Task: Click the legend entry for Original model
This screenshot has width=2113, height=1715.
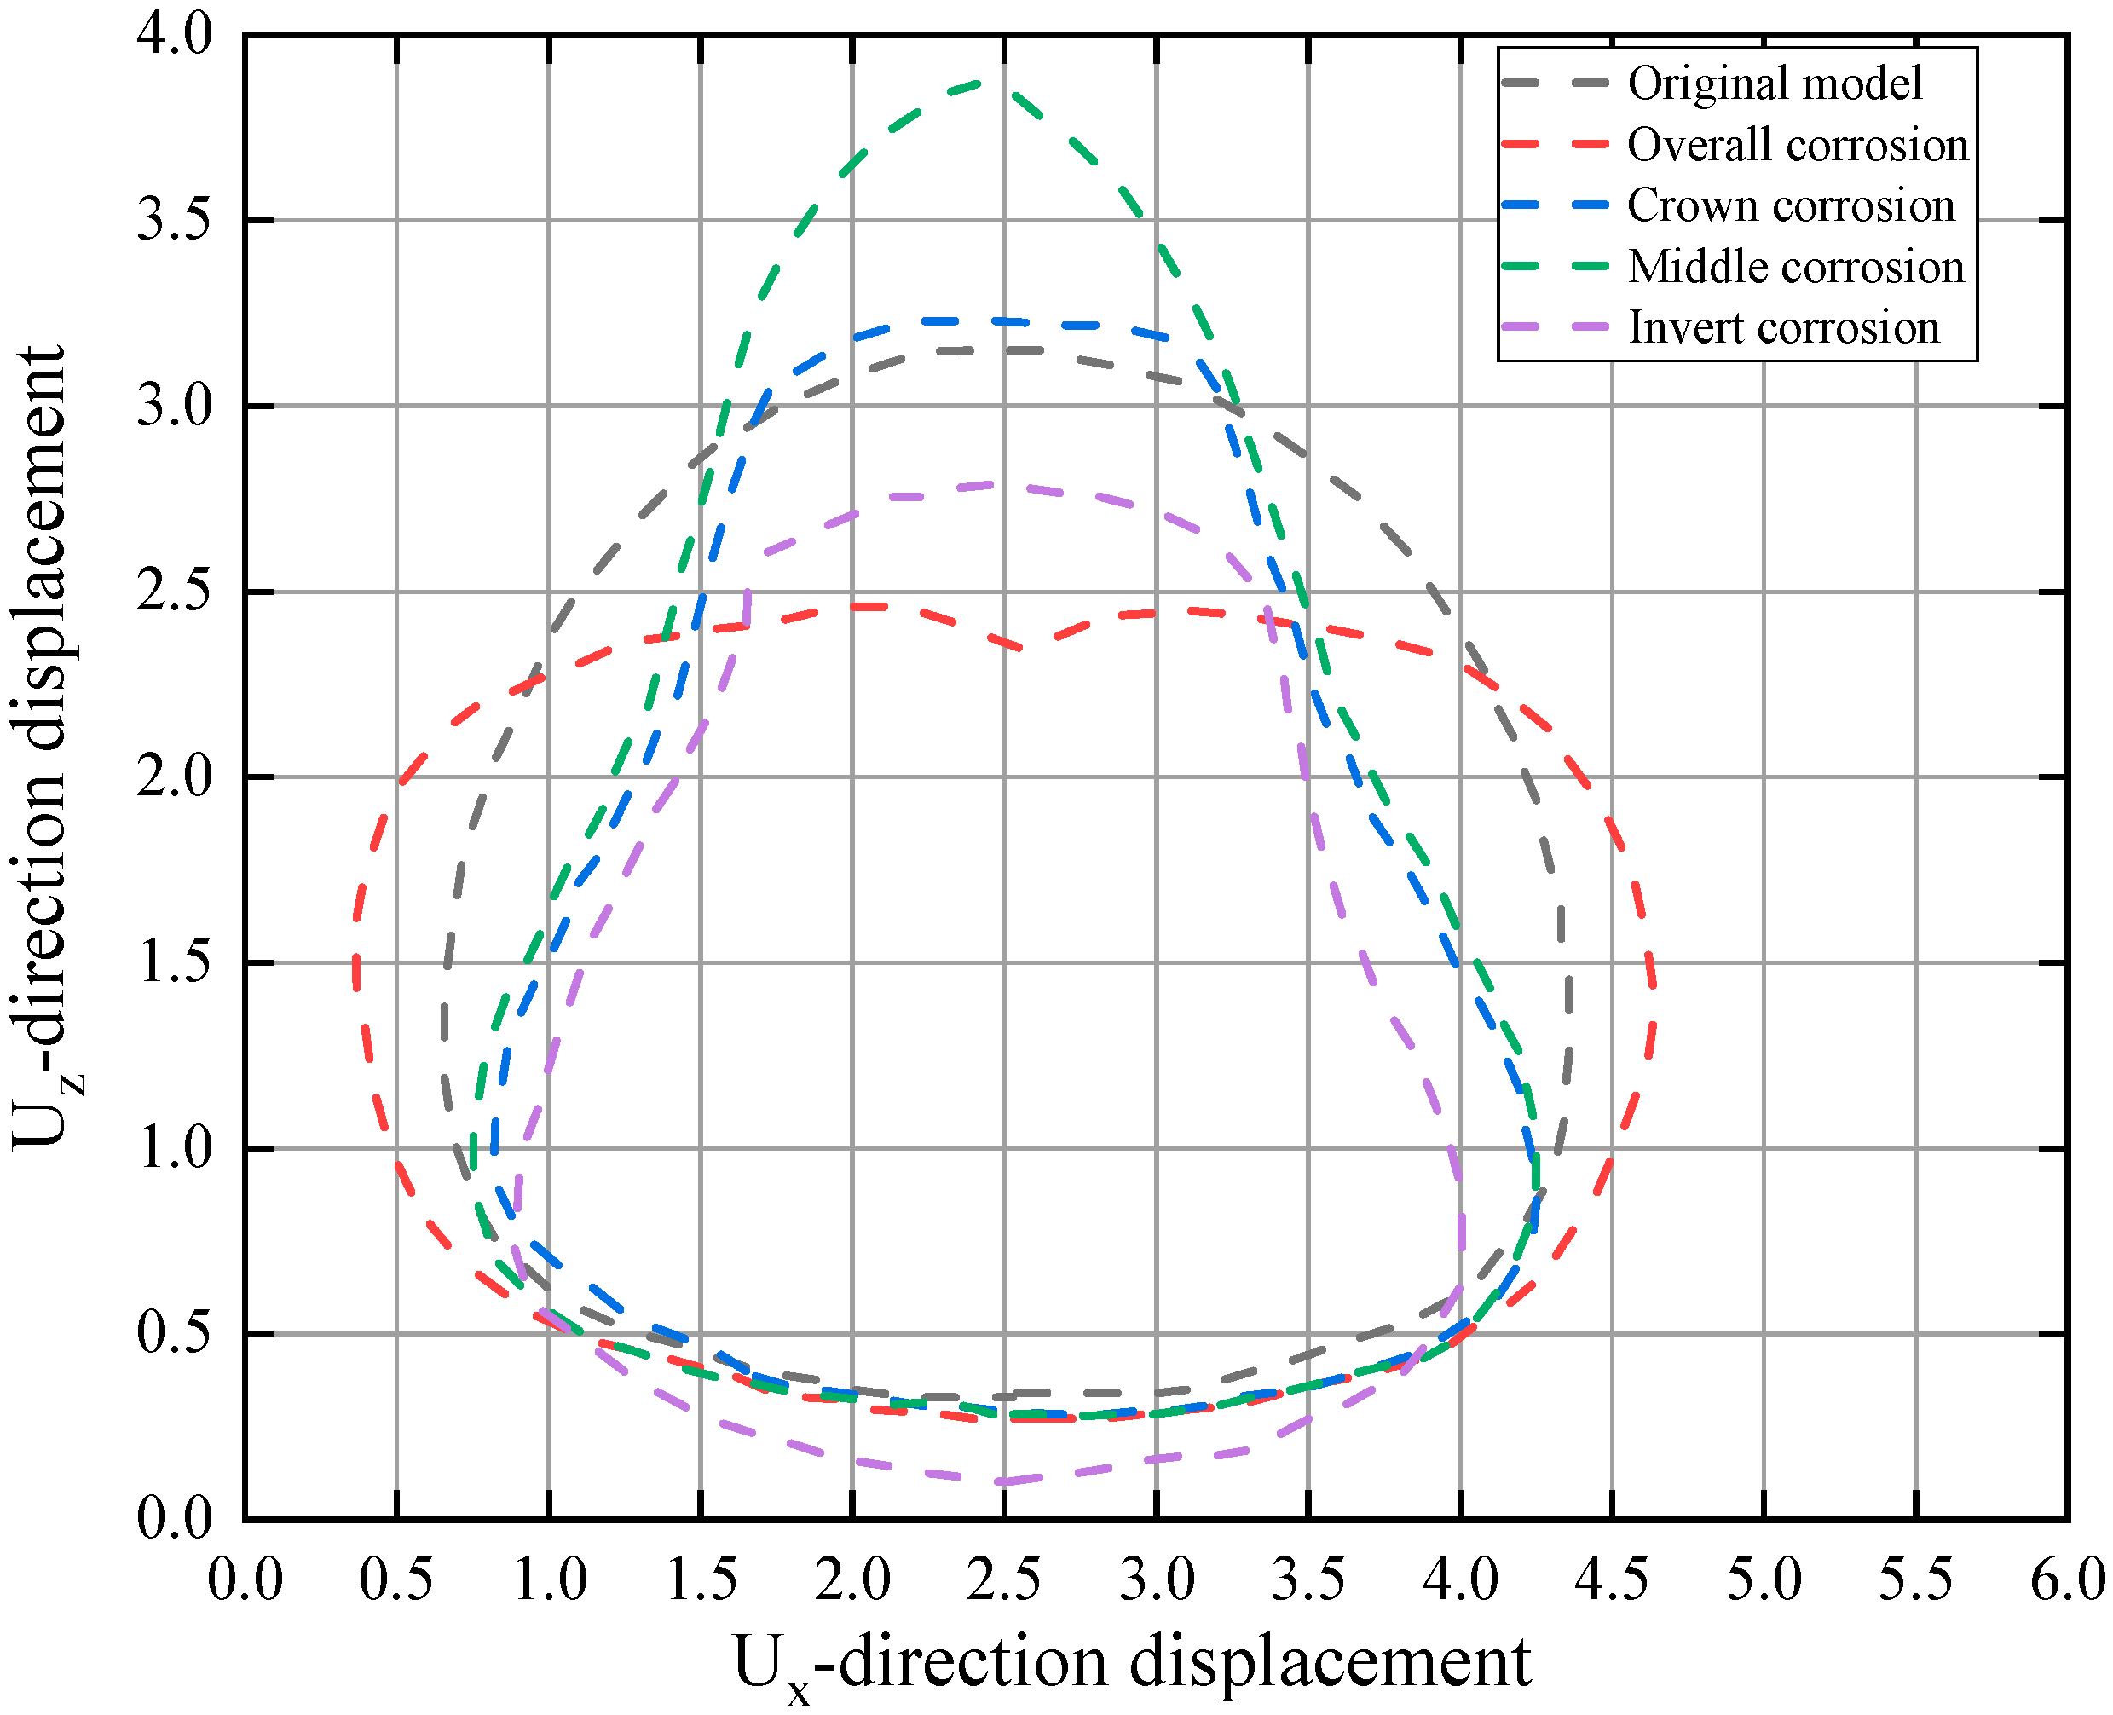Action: click(x=1774, y=84)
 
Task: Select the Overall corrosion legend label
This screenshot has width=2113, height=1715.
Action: click(x=1798, y=145)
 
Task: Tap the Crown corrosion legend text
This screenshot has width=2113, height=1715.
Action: click(x=1791, y=206)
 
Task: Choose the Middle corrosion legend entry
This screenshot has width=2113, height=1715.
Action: click(x=1796, y=268)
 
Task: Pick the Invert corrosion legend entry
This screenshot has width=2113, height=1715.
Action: click(x=1783, y=328)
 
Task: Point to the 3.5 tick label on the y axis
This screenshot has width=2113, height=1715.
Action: click(x=175, y=219)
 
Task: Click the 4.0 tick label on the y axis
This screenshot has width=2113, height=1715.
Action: click(x=175, y=35)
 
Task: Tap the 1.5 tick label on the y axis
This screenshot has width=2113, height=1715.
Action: click(x=175, y=962)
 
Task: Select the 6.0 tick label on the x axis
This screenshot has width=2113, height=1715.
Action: click(x=2067, y=1579)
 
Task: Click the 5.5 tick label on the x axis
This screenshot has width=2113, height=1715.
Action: click(x=1915, y=1579)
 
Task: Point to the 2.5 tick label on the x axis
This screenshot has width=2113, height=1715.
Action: click(x=1003, y=1579)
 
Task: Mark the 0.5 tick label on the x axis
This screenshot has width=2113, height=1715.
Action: click(x=396, y=1579)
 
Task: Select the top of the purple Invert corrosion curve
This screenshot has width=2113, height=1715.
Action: click(x=993, y=484)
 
